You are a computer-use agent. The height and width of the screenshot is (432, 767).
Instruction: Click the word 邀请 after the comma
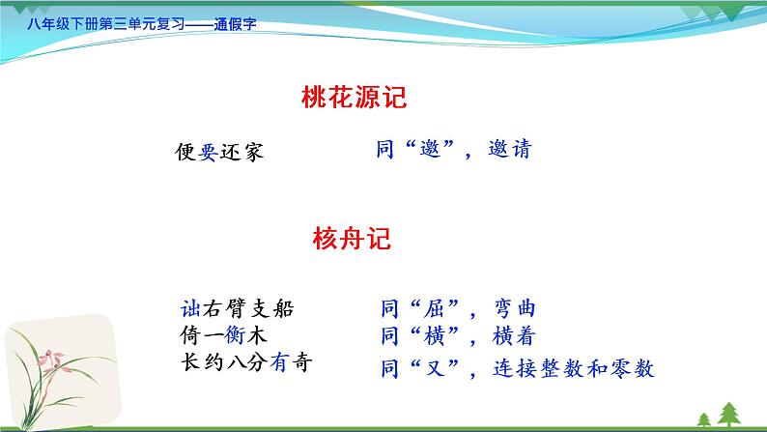coord(508,150)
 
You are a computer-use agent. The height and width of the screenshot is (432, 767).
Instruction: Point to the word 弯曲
coord(512,310)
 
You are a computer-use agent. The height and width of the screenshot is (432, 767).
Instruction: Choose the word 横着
coord(512,336)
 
